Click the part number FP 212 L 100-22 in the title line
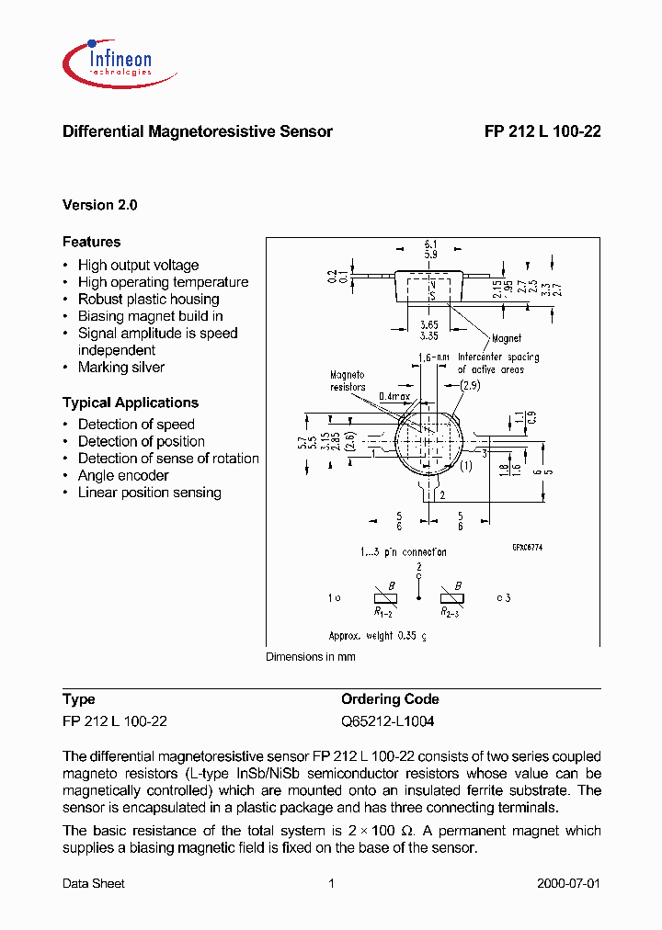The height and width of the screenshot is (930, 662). (542, 131)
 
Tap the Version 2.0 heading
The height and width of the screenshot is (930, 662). (99, 206)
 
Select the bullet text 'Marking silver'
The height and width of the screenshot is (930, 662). (120, 368)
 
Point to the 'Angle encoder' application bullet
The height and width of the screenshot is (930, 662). (123, 475)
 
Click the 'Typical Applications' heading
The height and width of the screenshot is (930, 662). (130, 403)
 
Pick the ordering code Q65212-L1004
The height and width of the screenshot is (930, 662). (387, 721)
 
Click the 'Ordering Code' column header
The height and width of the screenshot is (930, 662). (390, 699)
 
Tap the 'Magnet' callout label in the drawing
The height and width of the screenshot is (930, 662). (506, 338)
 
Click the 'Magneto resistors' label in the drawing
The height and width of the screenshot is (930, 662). (348, 380)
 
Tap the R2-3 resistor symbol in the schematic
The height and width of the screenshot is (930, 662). (451, 597)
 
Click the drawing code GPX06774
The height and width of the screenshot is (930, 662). (530, 546)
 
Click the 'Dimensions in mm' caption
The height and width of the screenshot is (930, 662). (310, 657)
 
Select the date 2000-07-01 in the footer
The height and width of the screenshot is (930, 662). (568, 884)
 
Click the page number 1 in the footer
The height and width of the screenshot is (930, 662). (331, 884)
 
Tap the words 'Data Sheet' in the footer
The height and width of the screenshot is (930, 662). (93, 884)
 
